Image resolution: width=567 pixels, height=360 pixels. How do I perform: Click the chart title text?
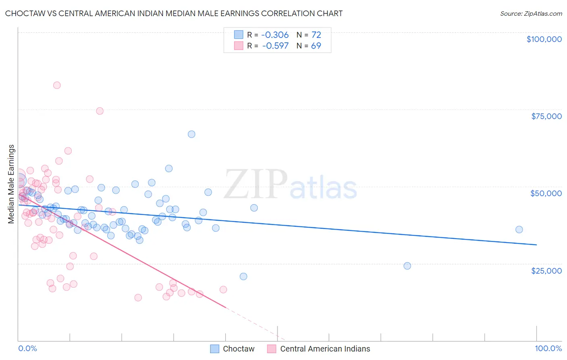click(x=174, y=13)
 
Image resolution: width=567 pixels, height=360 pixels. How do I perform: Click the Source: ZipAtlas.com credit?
click(x=531, y=13)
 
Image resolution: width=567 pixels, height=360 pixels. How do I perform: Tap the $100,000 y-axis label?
click(x=544, y=39)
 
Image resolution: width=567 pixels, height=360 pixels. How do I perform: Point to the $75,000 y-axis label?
click(x=546, y=116)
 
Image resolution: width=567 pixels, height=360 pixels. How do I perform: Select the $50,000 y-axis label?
click(x=546, y=193)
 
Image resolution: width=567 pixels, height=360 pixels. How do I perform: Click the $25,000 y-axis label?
click(x=546, y=270)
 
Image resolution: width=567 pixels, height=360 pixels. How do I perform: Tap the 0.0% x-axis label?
click(x=27, y=348)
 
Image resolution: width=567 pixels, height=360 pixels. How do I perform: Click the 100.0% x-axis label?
click(x=548, y=348)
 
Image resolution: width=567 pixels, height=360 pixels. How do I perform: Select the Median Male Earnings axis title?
click(x=11, y=184)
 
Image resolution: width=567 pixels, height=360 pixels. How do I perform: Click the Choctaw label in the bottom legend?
click(x=239, y=349)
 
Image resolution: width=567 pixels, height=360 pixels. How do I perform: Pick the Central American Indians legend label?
click(x=325, y=349)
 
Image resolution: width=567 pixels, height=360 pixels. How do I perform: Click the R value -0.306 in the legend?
click(x=275, y=35)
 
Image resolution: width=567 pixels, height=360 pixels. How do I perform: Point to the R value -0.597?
click(x=275, y=46)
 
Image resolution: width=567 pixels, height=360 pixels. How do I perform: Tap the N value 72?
click(x=316, y=35)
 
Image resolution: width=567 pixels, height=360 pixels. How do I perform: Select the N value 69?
click(x=316, y=46)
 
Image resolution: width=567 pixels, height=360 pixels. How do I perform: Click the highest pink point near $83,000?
click(x=57, y=85)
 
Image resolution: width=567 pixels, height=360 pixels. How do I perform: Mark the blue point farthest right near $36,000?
click(x=519, y=230)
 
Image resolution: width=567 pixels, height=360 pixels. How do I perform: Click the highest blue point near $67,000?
click(x=192, y=134)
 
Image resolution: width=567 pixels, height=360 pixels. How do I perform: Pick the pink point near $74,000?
click(x=100, y=111)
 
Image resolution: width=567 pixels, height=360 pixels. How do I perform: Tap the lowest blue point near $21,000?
click(x=243, y=276)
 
